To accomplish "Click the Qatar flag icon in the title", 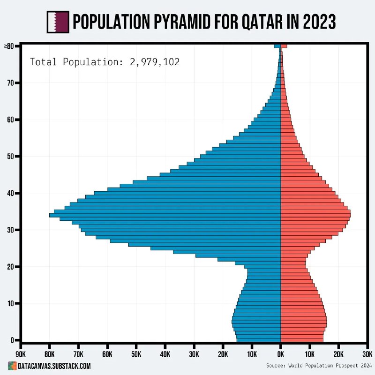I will point(58,22).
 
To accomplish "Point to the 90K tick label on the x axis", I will point(21,354).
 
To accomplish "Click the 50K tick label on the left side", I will point(136,354).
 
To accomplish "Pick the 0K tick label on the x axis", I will point(281,354).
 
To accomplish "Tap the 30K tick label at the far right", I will point(367,354).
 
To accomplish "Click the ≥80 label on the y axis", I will point(10,46).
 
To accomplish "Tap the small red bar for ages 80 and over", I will point(284,46).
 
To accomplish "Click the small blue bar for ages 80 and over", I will point(277,46).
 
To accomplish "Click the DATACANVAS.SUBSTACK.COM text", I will point(54,366).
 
